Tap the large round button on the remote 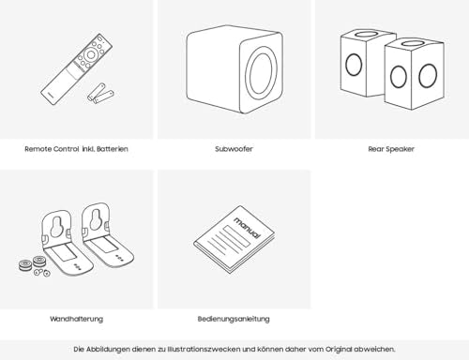coord(91,54)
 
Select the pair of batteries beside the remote coord(100,93)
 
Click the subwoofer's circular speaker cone coord(260,74)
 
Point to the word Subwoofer coord(234,149)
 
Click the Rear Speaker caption coord(391,149)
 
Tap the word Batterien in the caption coord(113,149)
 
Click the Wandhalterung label coord(77,319)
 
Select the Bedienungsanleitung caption coord(234,319)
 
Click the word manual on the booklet coord(247,227)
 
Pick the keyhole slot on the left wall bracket coord(56,225)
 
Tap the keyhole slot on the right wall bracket coord(96,218)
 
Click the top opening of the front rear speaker coord(415,43)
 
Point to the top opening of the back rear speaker coord(369,34)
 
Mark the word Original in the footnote coord(339,349)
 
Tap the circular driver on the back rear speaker coord(354,65)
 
